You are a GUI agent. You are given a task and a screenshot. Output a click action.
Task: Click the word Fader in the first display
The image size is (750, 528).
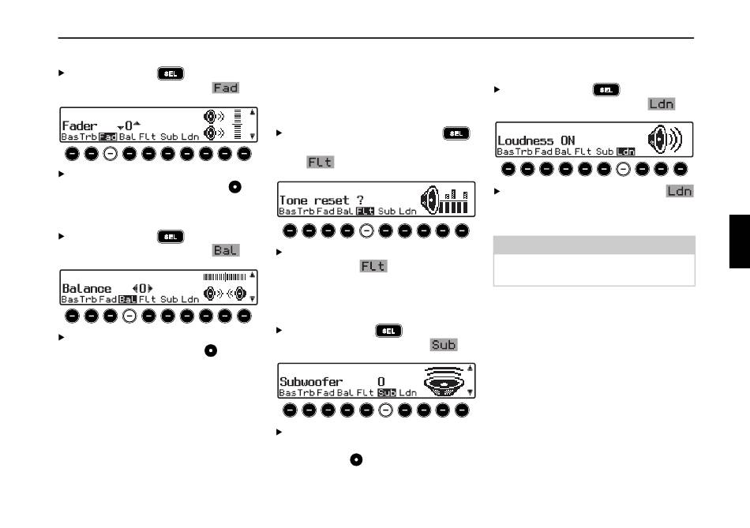pyautogui.click(x=79, y=125)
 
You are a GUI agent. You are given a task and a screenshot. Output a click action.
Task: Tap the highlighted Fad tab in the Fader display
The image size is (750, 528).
pyautogui.click(x=107, y=137)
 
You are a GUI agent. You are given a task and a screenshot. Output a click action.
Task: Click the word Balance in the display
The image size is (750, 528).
pyautogui.click(x=87, y=288)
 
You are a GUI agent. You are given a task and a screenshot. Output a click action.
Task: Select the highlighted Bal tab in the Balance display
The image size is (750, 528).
pyautogui.click(x=127, y=299)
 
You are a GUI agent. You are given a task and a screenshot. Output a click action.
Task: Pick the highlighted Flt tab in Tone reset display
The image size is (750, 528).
pyautogui.click(x=366, y=212)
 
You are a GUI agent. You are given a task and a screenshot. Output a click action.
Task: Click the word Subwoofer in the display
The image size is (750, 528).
pyautogui.click(x=311, y=382)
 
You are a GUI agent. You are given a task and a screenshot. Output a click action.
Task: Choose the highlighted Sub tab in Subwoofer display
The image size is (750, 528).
pyautogui.click(x=386, y=392)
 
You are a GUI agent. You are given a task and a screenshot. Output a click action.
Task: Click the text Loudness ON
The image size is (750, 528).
pyautogui.click(x=536, y=140)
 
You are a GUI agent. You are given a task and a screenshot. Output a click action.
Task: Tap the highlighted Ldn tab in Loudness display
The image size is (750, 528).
pyautogui.click(x=625, y=151)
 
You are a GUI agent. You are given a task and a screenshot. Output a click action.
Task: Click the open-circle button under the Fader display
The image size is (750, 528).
pyautogui.click(x=111, y=153)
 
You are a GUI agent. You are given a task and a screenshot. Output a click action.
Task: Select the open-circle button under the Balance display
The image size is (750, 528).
pyautogui.click(x=129, y=316)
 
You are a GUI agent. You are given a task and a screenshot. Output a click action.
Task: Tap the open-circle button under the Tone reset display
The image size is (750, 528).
pyautogui.click(x=366, y=230)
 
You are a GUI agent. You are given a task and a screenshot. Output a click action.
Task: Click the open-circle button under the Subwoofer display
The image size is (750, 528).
pyautogui.click(x=386, y=410)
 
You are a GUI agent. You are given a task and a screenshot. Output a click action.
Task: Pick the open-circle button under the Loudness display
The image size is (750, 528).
pyautogui.click(x=624, y=168)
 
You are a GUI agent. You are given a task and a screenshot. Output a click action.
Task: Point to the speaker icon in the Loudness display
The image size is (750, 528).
pyautogui.click(x=664, y=140)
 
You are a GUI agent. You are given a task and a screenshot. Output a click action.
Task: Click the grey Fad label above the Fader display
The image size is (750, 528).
pyautogui.click(x=225, y=88)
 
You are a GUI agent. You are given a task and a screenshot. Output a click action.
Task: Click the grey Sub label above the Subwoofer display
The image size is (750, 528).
pyautogui.click(x=444, y=345)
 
